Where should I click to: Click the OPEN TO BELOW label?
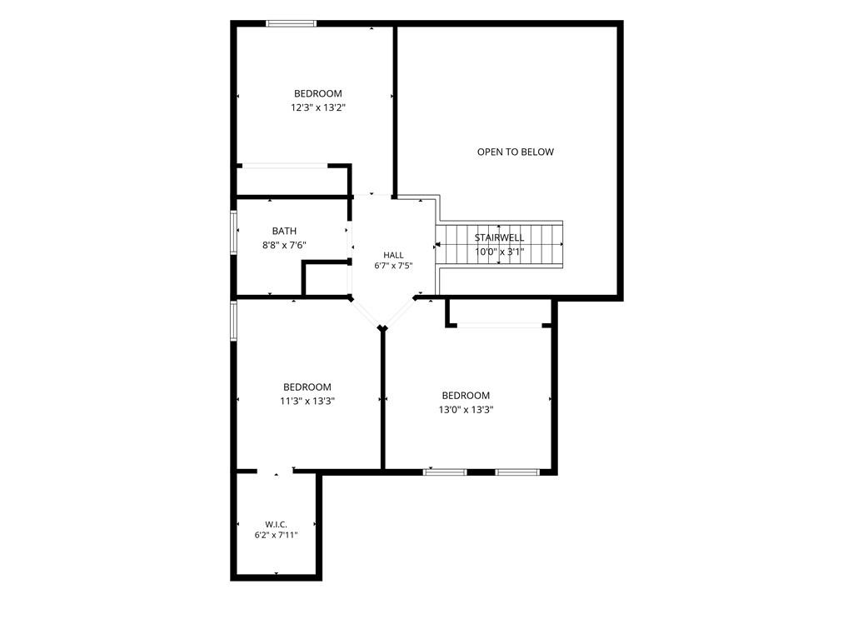[515, 152]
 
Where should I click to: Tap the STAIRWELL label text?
[500, 238]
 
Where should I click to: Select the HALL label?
[393, 255]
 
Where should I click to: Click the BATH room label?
[285, 231]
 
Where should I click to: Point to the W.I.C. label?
[277, 524]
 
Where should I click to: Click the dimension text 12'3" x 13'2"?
[318, 107]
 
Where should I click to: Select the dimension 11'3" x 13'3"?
[307, 401]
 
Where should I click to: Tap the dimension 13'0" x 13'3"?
[466, 409]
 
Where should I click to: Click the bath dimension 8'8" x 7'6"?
[285, 245]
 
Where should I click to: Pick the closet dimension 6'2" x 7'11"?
[277, 535]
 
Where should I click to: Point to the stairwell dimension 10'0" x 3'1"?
[500, 252]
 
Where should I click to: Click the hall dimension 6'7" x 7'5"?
[393, 266]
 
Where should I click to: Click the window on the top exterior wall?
[291, 23]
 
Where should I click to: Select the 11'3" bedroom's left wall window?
[233, 321]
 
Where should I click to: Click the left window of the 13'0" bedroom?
[445, 472]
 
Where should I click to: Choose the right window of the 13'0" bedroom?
[516, 472]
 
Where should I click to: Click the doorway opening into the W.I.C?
[276, 472]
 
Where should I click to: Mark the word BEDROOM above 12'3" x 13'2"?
[318, 93]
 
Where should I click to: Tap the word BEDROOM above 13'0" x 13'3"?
[466, 396]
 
